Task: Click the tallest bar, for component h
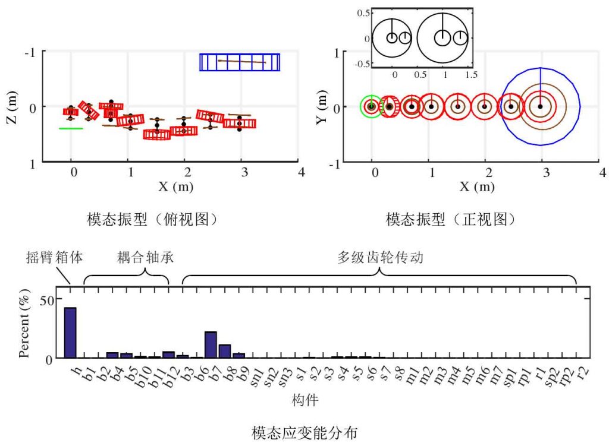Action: (70, 333)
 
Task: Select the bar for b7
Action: (211, 344)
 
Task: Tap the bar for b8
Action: (225, 351)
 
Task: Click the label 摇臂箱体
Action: (55, 258)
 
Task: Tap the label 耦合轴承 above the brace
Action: (145, 258)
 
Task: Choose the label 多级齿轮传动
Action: (378, 258)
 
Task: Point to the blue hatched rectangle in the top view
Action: (240, 62)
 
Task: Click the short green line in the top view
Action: (71, 128)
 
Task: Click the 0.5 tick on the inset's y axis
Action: (363, 12)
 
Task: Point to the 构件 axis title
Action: (305, 401)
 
